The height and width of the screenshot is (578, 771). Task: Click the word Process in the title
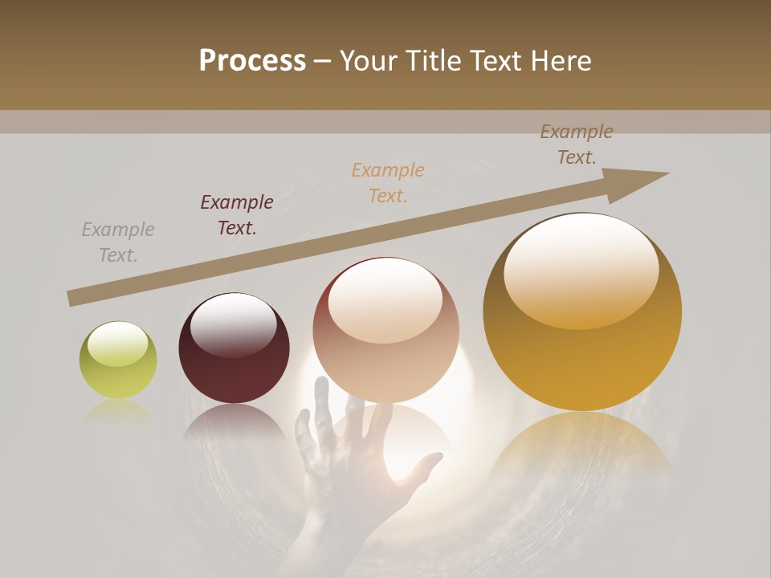point(252,61)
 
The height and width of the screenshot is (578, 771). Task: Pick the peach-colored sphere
point(386,330)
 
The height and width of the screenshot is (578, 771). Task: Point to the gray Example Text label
point(118,242)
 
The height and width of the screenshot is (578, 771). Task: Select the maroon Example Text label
point(237,215)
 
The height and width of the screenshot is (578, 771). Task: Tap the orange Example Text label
point(388,183)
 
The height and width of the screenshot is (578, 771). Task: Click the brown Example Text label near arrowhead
point(576,144)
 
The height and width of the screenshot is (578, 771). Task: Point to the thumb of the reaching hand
point(426,466)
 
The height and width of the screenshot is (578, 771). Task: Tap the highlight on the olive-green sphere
point(118,344)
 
